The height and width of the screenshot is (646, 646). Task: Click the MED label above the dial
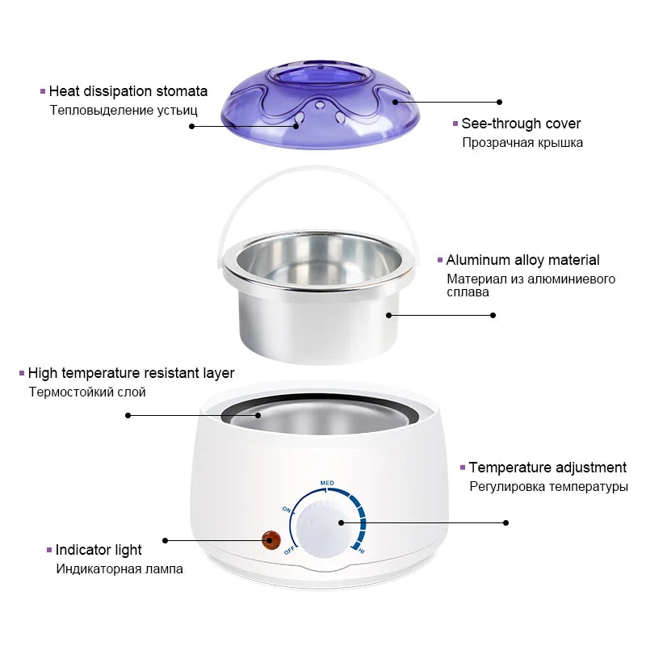pyautogui.click(x=327, y=483)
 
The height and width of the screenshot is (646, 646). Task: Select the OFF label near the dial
pyautogui.click(x=289, y=551)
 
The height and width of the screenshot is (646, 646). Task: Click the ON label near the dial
pyautogui.click(x=287, y=510)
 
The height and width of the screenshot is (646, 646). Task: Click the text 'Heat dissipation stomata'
pyautogui.click(x=128, y=91)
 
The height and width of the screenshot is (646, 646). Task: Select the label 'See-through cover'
pyautogui.click(x=521, y=124)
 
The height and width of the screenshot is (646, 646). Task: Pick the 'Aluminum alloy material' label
pyautogui.click(x=522, y=260)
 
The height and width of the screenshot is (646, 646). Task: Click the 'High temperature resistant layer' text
pyautogui.click(x=131, y=373)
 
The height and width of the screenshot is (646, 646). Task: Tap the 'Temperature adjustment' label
pyautogui.click(x=547, y=468)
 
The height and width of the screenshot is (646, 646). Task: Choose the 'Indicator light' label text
pyautogui.click(x=99, y=550)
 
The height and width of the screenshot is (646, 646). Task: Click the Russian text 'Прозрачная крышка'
pyautogui.click(x=522, y=143)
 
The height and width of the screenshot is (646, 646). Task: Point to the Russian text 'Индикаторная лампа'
pyautogui.click(x=120, y=568)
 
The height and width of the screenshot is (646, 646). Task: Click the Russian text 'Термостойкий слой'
pyautogui.click(x=87, y=392)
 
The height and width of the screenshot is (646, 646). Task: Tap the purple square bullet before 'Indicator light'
pyautogui.click(x=49, y=550)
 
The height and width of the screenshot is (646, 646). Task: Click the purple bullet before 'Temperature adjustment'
pyautogui.click(x=463, y=468)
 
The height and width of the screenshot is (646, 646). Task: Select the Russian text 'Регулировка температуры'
pyautogui.click(x=548, y=487)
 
